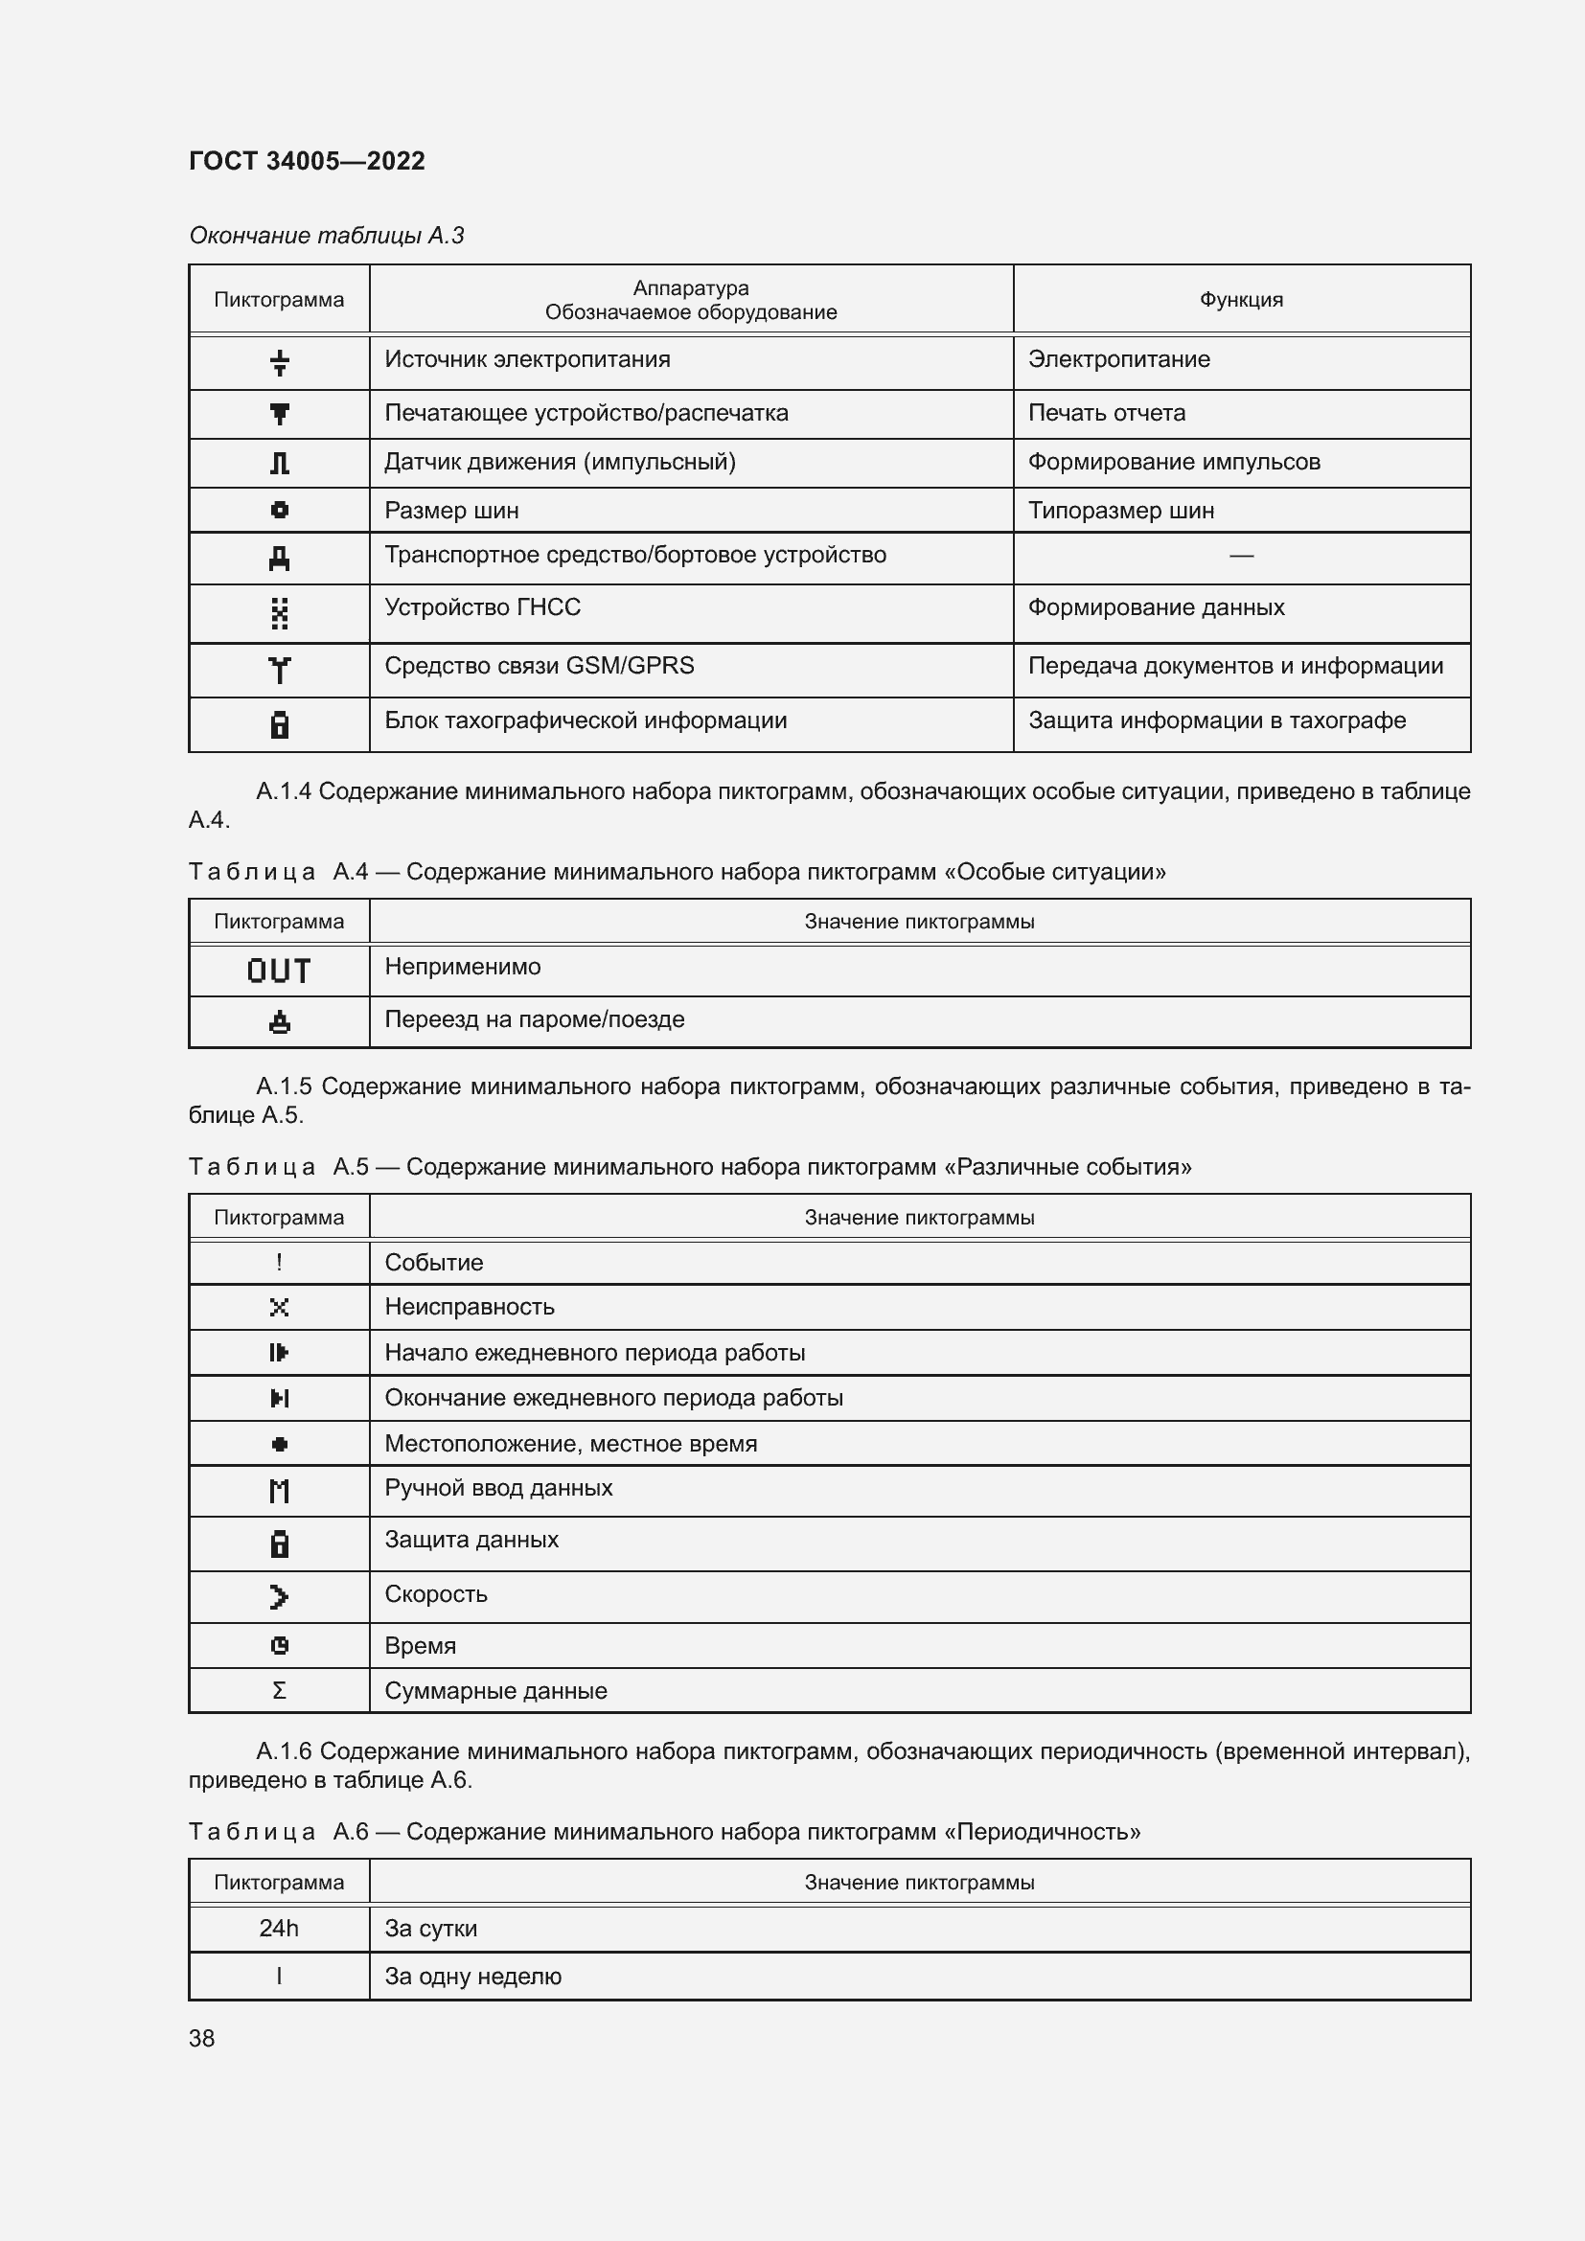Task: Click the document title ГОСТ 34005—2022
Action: pos(307,161)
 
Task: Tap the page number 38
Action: pos(202,2038)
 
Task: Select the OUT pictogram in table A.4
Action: pos(279,972)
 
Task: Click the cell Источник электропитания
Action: pos(527,359)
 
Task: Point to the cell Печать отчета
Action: pos(1106,413)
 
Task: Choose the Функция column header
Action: pos(1240,300)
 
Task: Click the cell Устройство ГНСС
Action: pos(482,607)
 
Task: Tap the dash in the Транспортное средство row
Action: pos(1240,556)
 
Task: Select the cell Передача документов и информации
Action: pos(1234,666)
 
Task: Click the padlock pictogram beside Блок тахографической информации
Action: pos(279,724)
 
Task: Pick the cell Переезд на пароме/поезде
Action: pos(534,1019)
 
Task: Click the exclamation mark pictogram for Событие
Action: pos(279,1262)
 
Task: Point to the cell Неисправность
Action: pos(469,1306)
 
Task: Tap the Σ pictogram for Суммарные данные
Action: pos(279,1689)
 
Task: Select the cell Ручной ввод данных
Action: pos(497,1488)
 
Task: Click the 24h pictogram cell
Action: pos(279,1928)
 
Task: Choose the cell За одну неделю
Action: pos(472,1976)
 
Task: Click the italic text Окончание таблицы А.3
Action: pos(326,236)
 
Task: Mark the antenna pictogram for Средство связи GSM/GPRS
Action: pos(279,670)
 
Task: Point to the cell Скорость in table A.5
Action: pos(435,1594)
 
